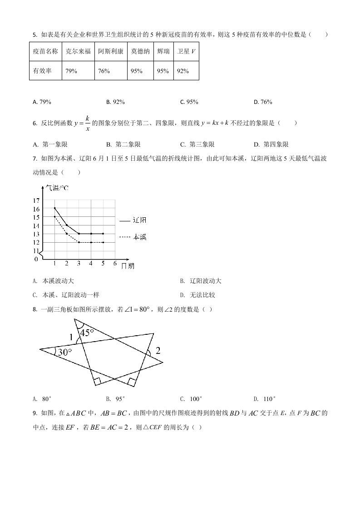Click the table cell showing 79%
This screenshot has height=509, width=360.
pyautogui.click(x=71, y=71)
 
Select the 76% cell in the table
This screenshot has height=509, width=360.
pyautogui.click(x=104, y=71)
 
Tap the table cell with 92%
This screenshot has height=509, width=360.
pyautogui.click(x=183, y=71)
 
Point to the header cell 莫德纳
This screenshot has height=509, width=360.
pyautogui.click(x=140, y=52)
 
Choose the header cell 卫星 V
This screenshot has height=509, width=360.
pyautogui.click(x=186, y=52)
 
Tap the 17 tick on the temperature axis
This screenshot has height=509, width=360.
pyautogui.click(x=36, y=200)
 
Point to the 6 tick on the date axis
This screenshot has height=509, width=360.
pyautogui.click(x=115, y=263)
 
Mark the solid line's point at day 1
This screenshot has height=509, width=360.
pyautogui.click(x=54, y=208)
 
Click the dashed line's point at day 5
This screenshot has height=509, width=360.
pyautogui.click(x=103, y=242)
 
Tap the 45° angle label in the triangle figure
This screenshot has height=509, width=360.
pyautogui.click(x=87, y=333)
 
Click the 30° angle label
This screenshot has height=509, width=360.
pyautogui.click(x=62, y=352)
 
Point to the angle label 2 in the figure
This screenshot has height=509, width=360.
pyautogui.click(x=158, y=350)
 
